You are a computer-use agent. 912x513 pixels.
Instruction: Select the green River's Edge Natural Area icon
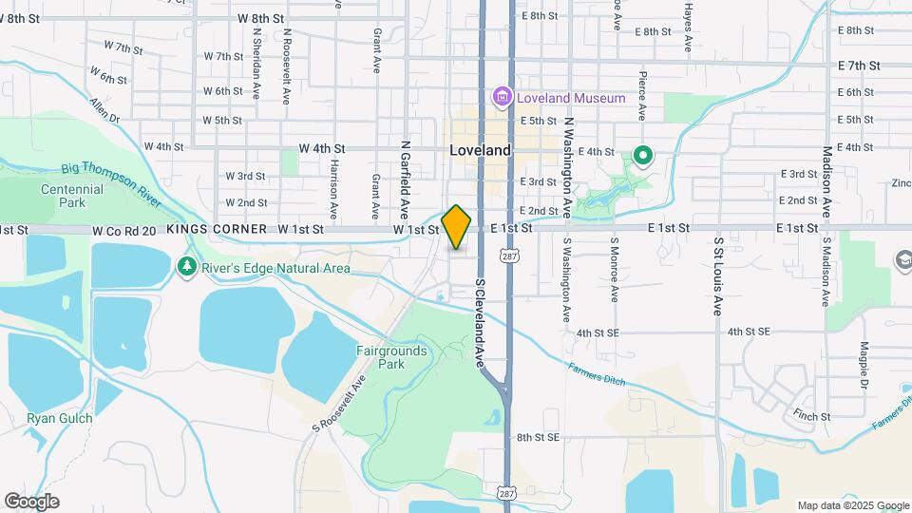click(187, 268)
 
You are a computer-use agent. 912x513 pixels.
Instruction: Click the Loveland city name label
click(480, 150)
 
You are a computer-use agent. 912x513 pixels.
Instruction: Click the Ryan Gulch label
click(60, 418)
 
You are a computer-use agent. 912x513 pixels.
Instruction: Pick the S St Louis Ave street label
click(719, 275)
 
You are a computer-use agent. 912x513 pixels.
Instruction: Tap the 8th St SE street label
click(539, 438)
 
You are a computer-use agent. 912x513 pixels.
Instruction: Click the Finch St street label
click(811, 416)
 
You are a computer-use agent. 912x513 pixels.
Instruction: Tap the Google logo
click(31, 501)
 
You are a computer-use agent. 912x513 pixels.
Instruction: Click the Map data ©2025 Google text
click(853, 505)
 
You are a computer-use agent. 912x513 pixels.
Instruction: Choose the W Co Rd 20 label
click(124, 229)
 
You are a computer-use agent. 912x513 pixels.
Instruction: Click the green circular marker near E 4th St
click(642, 155)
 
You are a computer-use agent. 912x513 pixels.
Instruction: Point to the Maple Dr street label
click(864, 365)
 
